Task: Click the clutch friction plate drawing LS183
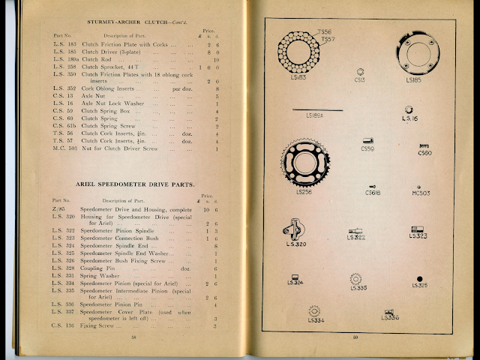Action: [298, 52]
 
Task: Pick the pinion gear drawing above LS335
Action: [356, 278]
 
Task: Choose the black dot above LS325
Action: [419, 279]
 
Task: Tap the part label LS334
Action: [315, 319]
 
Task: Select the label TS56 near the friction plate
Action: [325, 31]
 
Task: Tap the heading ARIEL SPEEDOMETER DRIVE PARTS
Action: [130, 184]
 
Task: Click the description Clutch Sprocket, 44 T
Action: [112, 67]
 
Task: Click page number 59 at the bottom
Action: [357, 337]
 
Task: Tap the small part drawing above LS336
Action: [388, 310]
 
